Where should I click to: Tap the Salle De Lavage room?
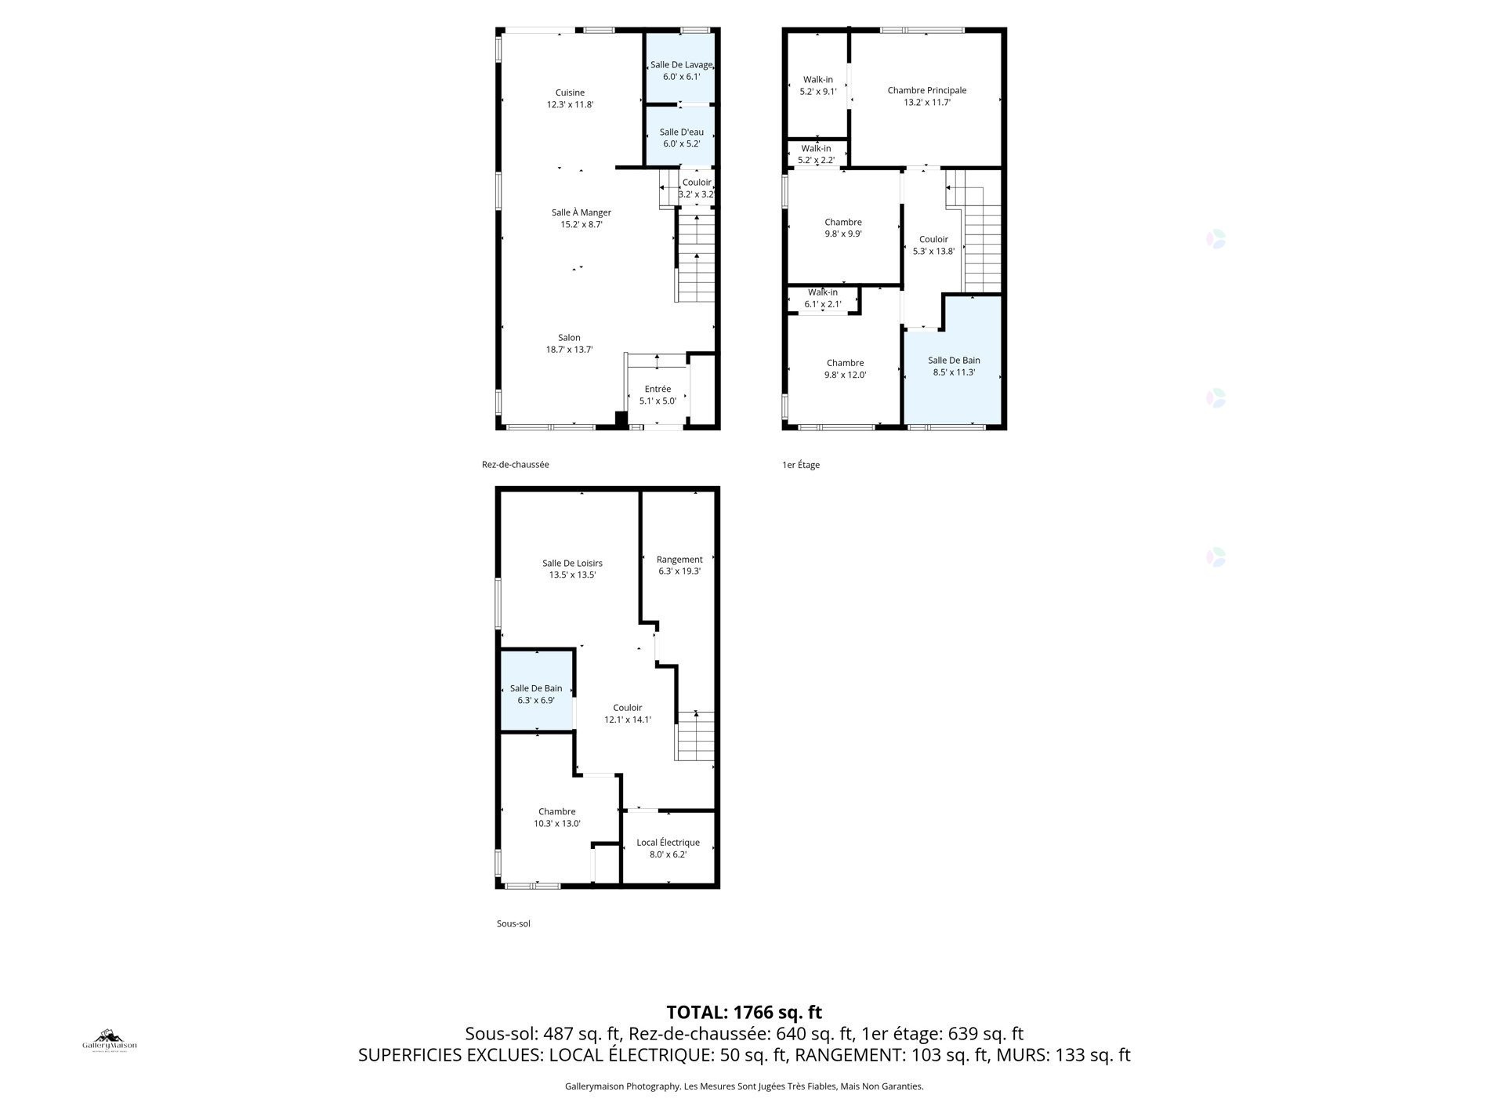(681, 71)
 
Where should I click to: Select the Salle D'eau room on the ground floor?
(681, 138)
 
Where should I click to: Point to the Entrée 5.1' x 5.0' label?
(658, 395)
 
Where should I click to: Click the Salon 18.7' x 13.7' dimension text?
(569, 350)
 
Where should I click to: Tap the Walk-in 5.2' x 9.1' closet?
(817, 85)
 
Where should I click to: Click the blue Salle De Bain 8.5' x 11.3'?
(954, 366)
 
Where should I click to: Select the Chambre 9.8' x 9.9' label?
(842, 228)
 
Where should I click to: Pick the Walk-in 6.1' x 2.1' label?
(822, 298)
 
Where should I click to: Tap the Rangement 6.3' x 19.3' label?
(679, 564)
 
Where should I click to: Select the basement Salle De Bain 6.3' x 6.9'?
(536, 694)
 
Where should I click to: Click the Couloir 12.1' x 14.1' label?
(627, 713)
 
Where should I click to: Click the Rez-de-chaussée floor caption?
(515, 464)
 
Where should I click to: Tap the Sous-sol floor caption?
(513, 923)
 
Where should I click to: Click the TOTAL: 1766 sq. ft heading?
(744, 1012)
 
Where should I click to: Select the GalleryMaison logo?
(110, 1041)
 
